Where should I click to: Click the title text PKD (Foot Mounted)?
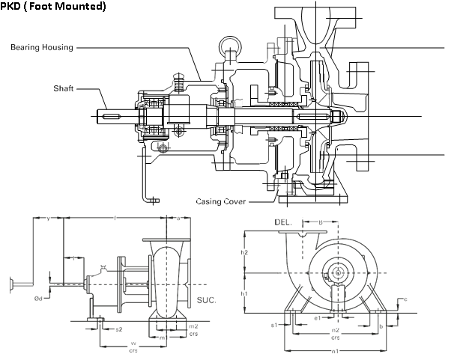coord(53,7)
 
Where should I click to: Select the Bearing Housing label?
coord(42,48)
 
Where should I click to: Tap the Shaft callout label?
coord(63,88)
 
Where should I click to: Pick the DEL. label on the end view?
coord(282,222)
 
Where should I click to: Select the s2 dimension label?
coord(119,329)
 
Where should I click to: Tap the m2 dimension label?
coord(193,327)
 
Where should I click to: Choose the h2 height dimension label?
coord(244,253)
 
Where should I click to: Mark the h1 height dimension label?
coord(244,294)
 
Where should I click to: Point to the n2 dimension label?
coord(336,329)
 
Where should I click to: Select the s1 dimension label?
coord(274,325)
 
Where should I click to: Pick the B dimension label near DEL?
coord(321,222)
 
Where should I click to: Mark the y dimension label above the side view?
coord(48,219)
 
